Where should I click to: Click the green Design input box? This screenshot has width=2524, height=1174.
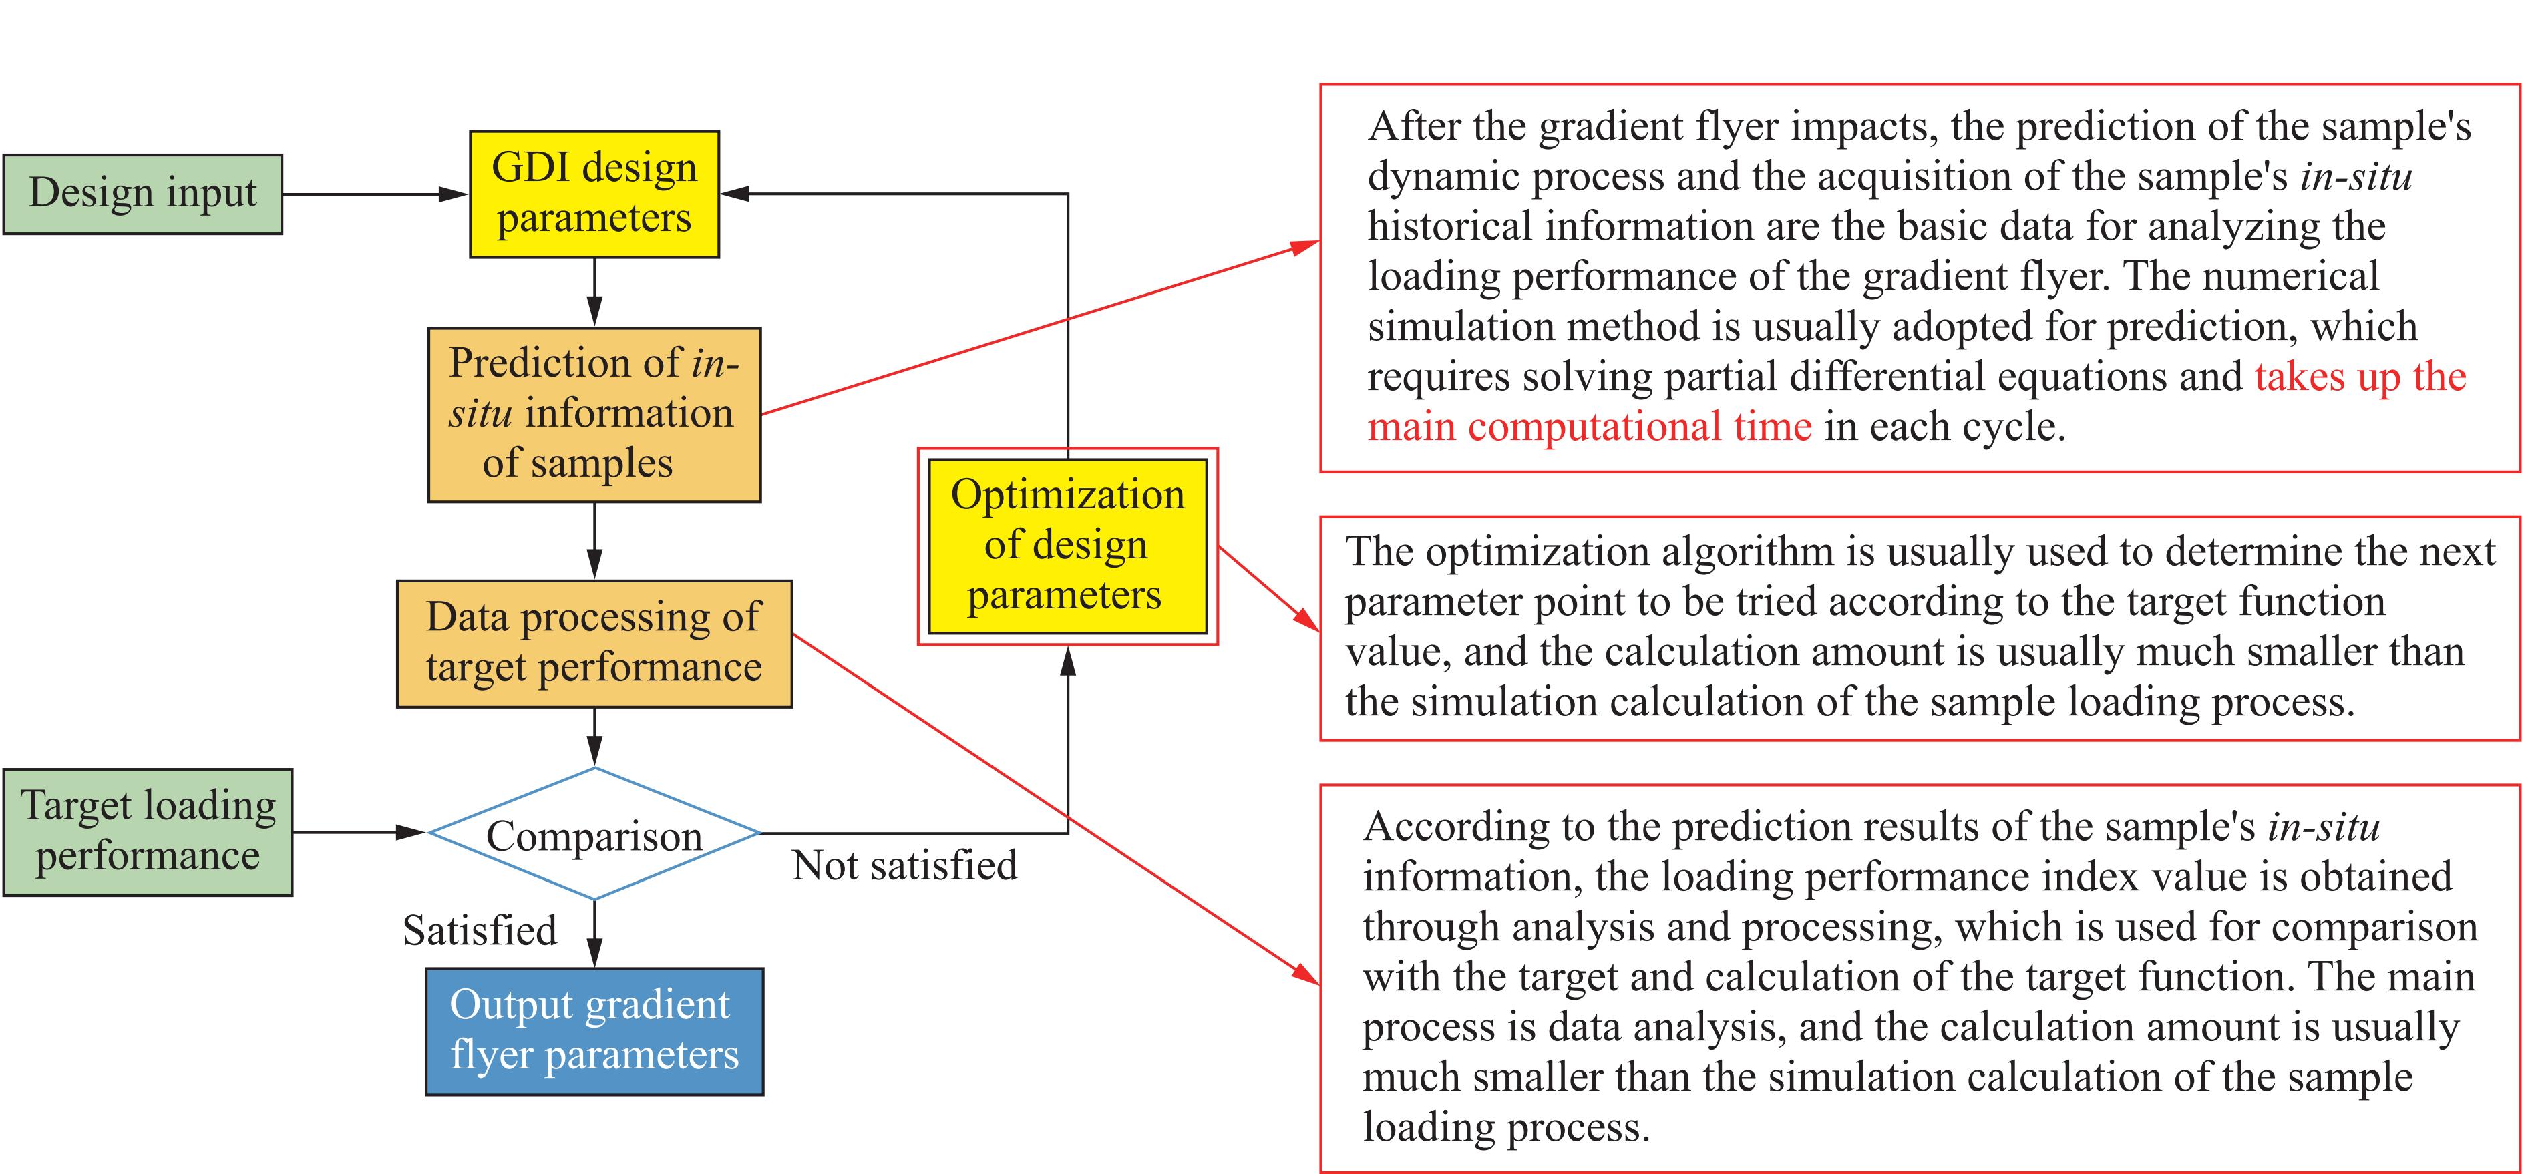coord(142,194)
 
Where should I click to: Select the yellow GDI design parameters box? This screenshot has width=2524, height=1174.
coord(594,194)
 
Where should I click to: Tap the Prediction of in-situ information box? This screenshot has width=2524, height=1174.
coord(594,415)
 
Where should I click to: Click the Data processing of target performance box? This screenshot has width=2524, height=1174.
coord(594,643)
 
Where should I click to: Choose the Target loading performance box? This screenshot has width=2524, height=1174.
coord(148,832)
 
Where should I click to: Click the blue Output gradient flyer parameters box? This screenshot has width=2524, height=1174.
coord(594,1031)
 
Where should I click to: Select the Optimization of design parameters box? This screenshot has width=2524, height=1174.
coord(1067,546)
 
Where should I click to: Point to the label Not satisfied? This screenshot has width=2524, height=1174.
coord(904,866)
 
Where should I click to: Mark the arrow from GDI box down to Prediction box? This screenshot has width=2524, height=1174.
coord(594,292)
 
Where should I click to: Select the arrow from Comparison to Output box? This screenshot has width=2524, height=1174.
coord(594,934)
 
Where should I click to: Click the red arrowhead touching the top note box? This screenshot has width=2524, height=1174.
coord(1306,246)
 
